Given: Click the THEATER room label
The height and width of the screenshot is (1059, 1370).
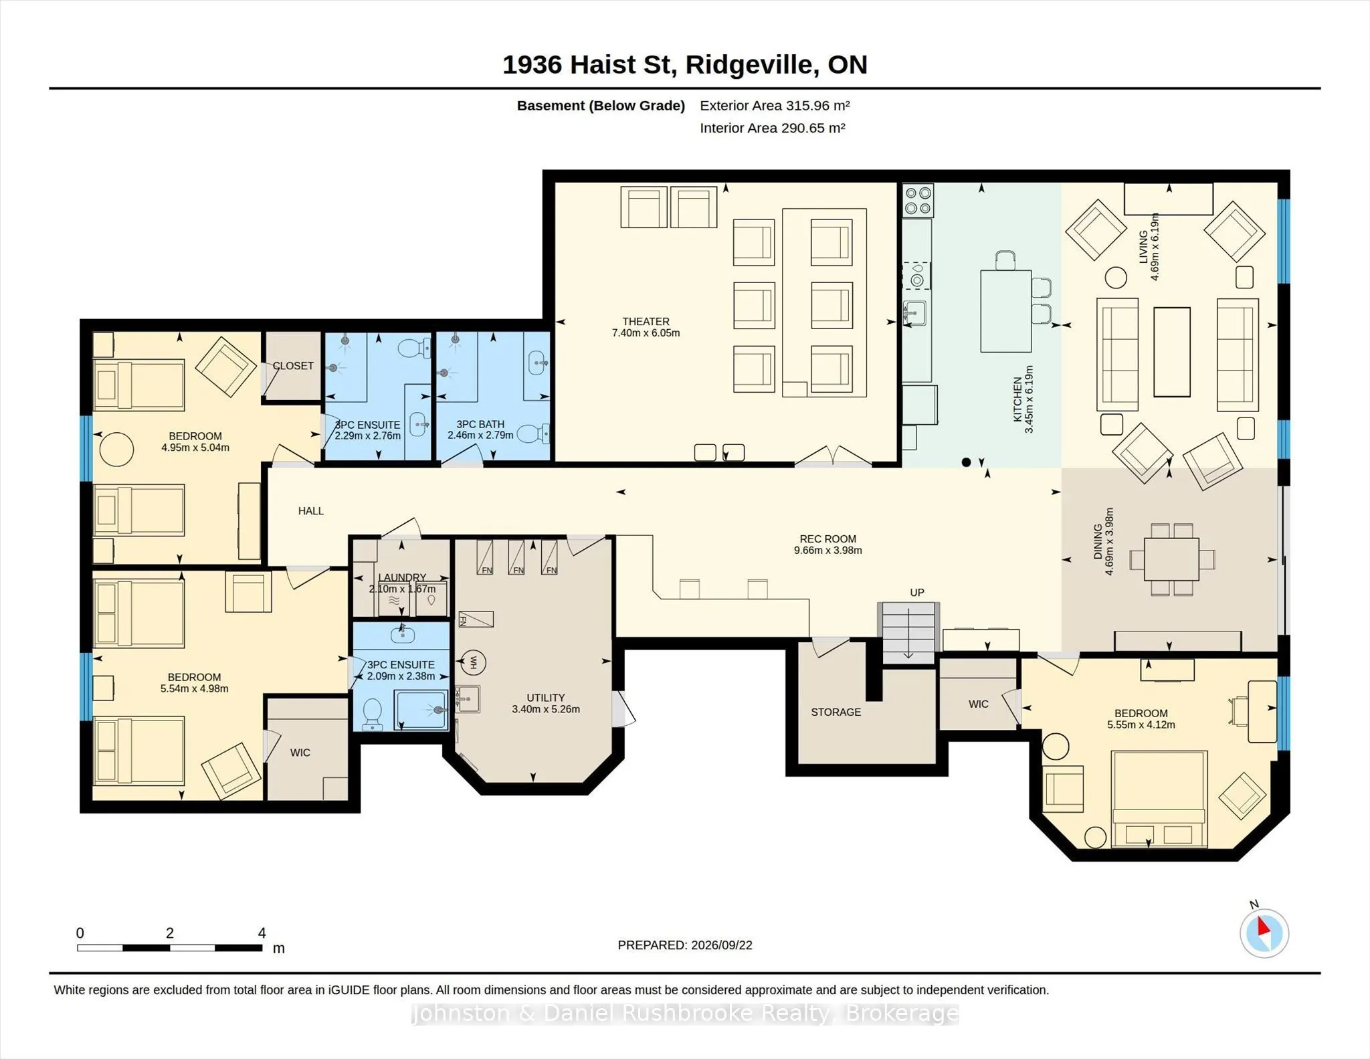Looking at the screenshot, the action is (646, 322).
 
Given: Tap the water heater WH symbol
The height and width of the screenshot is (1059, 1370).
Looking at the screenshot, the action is (474, 662).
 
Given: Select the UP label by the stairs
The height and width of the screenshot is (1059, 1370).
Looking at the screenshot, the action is (916, 593).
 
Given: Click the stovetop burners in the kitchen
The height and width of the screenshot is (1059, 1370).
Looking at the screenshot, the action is (918, 201).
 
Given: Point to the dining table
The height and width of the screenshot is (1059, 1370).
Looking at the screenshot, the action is (1171, 559).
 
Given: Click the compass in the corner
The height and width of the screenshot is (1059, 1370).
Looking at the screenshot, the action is (1264, 933).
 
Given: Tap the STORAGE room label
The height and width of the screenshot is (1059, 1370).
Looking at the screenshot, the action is (836, 712).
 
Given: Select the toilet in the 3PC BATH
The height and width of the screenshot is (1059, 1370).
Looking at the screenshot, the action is (533, 434).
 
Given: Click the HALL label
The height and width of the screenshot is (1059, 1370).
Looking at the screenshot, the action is (310, 511).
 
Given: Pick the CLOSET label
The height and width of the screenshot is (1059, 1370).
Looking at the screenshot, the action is (293, 366).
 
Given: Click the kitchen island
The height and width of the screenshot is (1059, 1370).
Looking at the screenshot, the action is (1005, 311).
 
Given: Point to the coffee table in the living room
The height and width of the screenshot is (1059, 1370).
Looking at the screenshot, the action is (1172, 352).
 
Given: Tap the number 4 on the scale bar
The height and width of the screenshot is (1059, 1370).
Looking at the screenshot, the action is (262, 933).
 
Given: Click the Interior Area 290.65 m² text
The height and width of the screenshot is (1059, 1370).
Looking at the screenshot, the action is (773, 128).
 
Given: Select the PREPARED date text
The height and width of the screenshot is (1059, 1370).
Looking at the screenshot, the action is (685, 945).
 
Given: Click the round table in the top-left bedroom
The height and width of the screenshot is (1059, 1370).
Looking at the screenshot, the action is (116, 450).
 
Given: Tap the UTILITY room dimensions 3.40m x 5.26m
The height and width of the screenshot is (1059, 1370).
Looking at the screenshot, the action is (546, 709).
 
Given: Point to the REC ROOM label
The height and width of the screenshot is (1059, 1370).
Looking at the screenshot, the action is (827, 539).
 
